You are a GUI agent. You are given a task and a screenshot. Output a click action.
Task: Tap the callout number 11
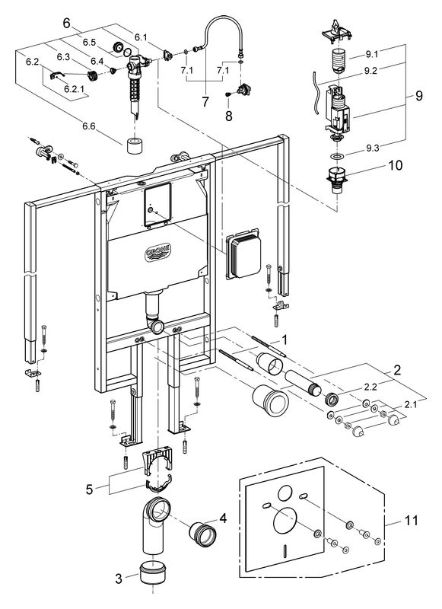[411, 521]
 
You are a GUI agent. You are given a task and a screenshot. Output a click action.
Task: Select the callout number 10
[396, 165]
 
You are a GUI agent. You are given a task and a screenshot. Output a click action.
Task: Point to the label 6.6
[88, 126]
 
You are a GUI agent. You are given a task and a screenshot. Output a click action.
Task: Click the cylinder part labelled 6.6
[135, 145]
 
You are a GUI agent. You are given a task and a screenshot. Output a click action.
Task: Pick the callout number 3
[119, 579]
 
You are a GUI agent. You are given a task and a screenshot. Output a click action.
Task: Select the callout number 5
[90, 489]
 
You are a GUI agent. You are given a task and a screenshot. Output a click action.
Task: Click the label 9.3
[372, 148]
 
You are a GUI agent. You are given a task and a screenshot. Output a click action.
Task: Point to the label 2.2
[370, 386]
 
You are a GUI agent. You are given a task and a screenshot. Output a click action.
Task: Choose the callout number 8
[229, 116]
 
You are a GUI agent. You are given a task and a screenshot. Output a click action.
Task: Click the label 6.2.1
[73, 88]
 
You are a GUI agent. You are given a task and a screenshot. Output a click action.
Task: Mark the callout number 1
[285, 340]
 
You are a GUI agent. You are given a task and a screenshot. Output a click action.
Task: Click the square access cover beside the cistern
[243, 257]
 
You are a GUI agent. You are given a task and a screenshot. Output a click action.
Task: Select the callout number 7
[205, 102]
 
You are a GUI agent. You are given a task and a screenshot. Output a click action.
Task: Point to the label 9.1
[372, 54]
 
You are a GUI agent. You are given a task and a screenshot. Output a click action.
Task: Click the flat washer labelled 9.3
[337, 157]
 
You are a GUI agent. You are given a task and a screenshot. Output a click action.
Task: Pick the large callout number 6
[67, 24]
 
